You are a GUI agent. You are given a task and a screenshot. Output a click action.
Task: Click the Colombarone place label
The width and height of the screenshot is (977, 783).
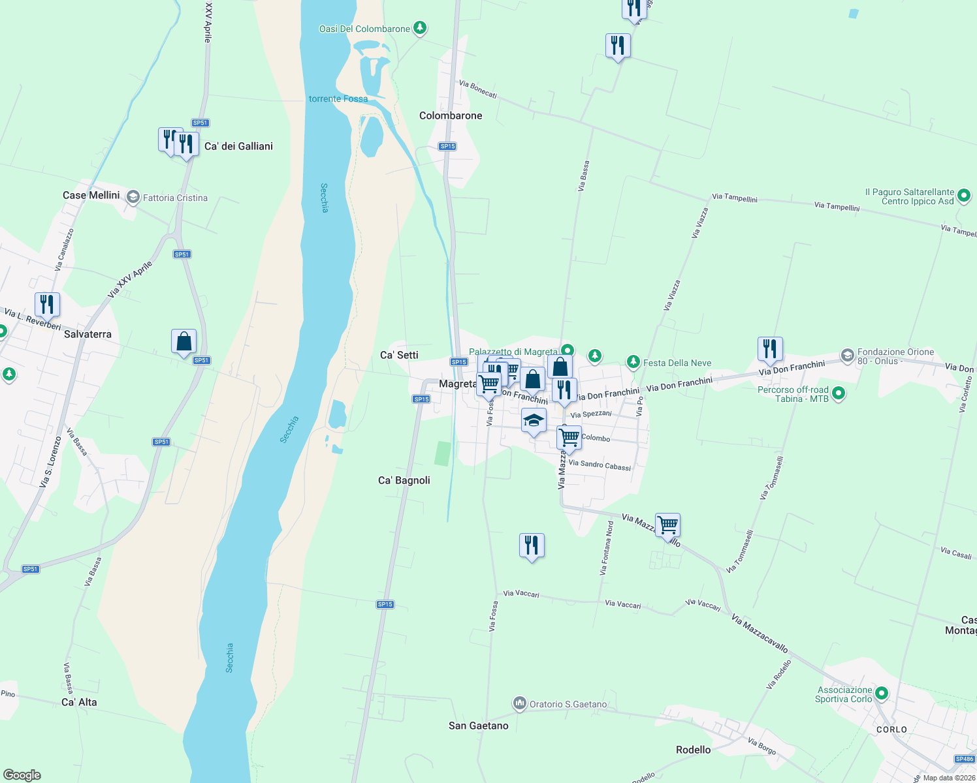click(x=451, y=115)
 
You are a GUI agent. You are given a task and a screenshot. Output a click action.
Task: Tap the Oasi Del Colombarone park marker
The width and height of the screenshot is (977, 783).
click(x=421, y=28)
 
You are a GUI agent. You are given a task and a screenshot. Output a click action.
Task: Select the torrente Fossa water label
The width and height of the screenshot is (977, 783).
click(x=338, y=99)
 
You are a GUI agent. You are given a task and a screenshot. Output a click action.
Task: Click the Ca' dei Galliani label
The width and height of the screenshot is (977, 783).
click(x=238, y=146)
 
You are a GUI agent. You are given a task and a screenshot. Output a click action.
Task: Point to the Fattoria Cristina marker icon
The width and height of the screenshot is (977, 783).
click(x=133, y=197)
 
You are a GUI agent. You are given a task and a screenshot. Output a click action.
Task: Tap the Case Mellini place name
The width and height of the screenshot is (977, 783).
click(x=91, y=195)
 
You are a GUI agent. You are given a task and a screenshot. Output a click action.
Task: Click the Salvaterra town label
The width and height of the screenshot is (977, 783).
click(x=88, y=334)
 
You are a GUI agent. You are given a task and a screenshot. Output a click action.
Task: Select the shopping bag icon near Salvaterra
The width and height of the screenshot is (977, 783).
click(x=184, y=341)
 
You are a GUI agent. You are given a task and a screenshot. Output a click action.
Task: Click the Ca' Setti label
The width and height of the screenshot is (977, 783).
click(x=399, y=355)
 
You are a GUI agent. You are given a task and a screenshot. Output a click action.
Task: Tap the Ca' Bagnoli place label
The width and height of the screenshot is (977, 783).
click(x=404, y=480)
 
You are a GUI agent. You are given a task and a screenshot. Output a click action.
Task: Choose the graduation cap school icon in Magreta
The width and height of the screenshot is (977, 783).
click(x=534, y=421)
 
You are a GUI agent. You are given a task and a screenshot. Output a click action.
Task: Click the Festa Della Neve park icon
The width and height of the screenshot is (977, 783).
click(x=633, y=361)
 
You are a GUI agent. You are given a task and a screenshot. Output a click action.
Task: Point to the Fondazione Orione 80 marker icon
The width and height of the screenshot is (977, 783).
click(x=848, y=356)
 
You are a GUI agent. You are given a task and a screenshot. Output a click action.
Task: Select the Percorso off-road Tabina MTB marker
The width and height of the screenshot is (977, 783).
click(x=839, y=393)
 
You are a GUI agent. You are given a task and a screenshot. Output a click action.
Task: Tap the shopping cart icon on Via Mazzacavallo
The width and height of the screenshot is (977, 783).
click(x=667, y=525)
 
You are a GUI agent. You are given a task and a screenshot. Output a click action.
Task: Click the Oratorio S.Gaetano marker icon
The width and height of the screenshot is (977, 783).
click(x=520, y=703)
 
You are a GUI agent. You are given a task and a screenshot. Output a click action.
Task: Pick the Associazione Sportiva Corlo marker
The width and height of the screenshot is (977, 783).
click(x=882, y=694)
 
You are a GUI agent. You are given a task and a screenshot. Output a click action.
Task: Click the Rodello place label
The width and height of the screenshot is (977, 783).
click(x=693, y=750)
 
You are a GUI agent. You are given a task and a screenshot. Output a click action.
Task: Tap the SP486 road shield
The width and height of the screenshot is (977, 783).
click(x=964, y=759)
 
